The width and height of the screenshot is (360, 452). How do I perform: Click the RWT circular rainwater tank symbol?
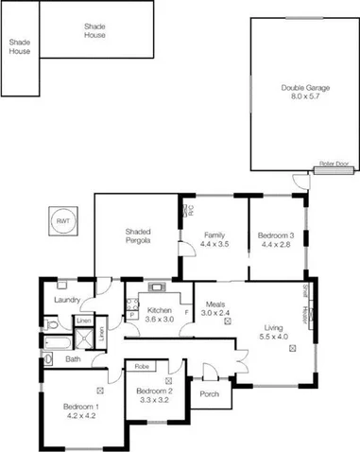(63, 220)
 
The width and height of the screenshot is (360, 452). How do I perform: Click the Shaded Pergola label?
(139, 235)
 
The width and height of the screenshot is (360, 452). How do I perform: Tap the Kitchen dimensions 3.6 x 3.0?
(158, 319)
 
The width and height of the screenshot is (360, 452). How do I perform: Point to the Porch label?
(210, 394)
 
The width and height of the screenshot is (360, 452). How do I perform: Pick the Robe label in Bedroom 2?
(142, 365)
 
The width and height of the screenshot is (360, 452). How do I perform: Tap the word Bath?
(72, 359)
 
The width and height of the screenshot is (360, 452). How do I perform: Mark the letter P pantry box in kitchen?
(130, 313)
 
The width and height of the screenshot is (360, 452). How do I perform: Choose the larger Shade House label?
(94, 30)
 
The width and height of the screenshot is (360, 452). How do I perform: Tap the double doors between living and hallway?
(242, 360)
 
